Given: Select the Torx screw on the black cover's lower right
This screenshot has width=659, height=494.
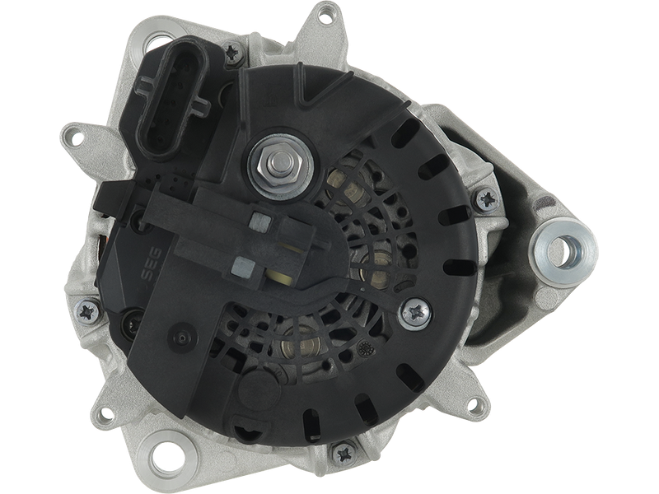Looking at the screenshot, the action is click(x=415, y=314).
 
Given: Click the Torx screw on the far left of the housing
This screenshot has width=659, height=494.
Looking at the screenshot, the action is click(x=87, y=311).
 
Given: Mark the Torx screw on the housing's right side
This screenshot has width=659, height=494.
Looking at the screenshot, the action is click(x=487, y=199).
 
